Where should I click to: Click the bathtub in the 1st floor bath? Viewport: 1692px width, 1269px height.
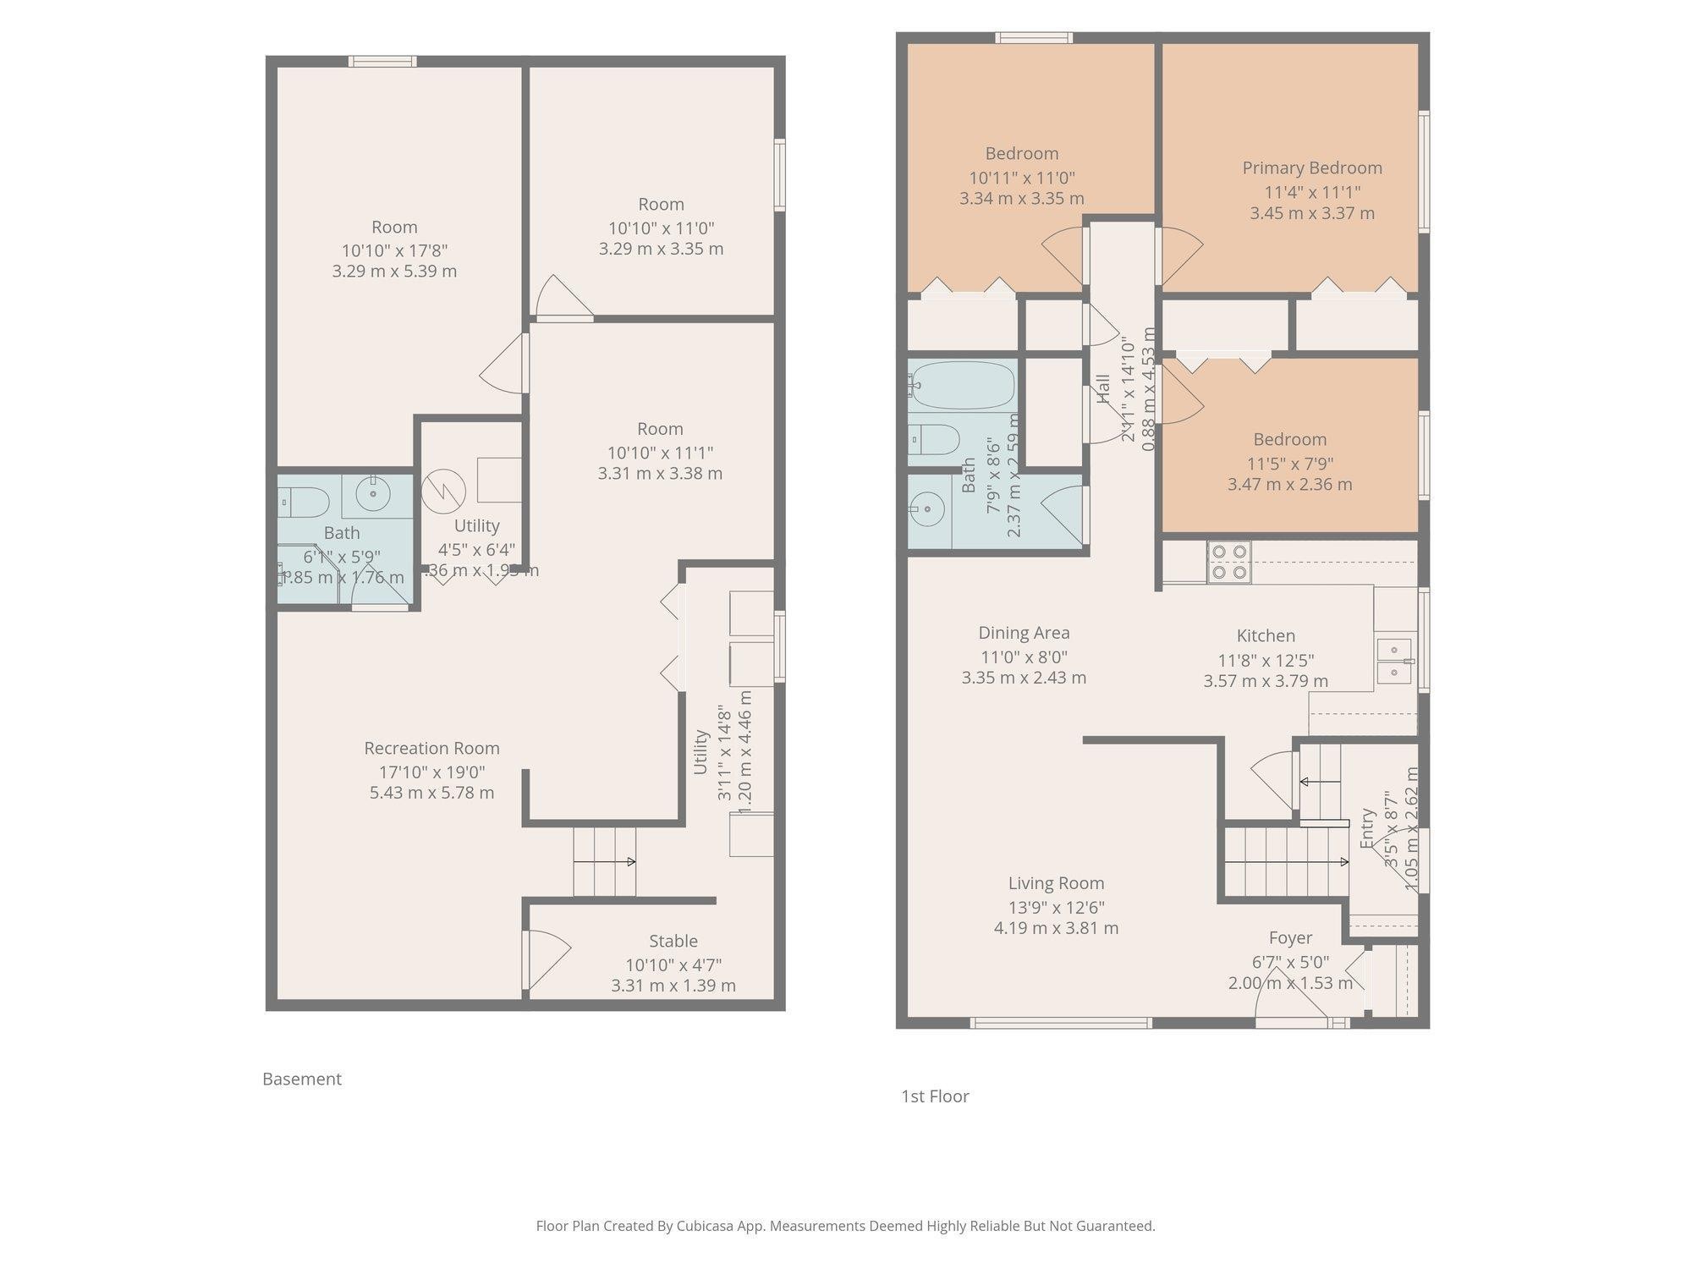(962, 385)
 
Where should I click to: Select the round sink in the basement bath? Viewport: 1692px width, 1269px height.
(372, 493)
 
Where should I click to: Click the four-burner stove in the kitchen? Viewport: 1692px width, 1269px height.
(1229, 562)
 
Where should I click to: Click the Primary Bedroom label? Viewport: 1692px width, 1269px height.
(1311, 168)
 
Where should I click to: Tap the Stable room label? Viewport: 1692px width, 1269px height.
(673, 941)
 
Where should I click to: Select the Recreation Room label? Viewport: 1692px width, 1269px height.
(431, 748)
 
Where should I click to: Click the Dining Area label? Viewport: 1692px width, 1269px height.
(1024, 633)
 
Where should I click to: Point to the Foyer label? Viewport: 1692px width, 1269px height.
(1290, 937)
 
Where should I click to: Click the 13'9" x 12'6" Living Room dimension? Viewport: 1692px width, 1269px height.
(1056, 907)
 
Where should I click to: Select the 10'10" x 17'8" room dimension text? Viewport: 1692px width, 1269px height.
(394, 250)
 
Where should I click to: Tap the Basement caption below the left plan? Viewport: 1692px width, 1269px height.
(302, 1079)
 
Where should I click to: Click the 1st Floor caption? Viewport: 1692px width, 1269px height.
(935, 1096)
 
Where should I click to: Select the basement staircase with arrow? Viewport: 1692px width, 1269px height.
(604, 861)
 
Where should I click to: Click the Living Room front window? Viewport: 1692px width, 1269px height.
(1061, 1023)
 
